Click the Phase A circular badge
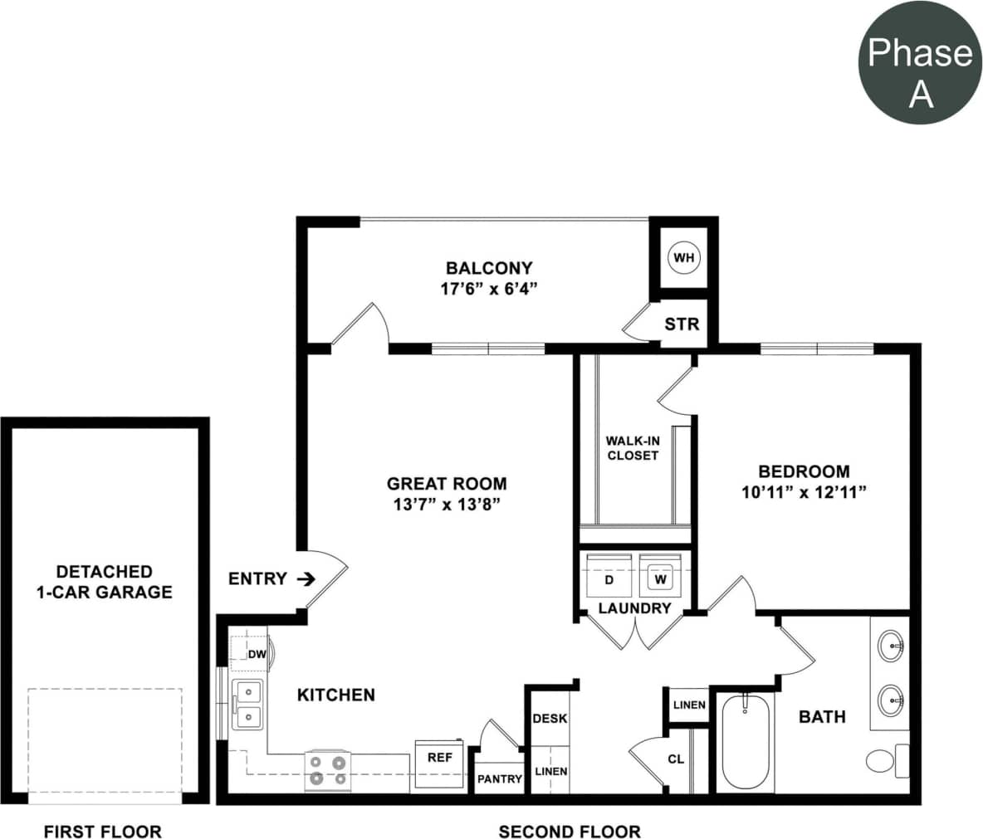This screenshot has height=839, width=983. click(x=919, y=62)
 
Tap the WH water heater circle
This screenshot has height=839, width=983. click(x=683, y=257)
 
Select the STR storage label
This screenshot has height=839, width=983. click(x=682, y=324)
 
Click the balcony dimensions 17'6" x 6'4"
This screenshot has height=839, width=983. click(x=489, y=289)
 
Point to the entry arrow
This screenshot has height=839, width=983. click(x=306, y=578)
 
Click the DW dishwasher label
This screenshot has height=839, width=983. click(x=257, y=654)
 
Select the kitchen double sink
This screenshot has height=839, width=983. click(x=247, y=704)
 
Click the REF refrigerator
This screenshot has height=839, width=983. click(x=440, y=759)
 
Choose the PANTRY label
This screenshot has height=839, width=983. click(x=499, y=779)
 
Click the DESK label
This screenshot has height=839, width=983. click(x=550, y=718)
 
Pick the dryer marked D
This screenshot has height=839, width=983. click(x=609, y=578)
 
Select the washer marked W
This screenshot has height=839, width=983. click(x=661, y=578)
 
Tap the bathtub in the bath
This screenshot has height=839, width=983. click(x=745, y=743)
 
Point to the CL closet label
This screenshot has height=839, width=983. click(x=676, y=759)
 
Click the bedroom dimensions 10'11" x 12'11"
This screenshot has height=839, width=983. click(x=804, y=492)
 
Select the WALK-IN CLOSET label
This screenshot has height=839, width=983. click(x=633, y=448)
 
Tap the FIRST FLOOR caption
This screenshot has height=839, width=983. click(x=102, y=832)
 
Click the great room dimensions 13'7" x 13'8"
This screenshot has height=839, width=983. click(x=447, y=505)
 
